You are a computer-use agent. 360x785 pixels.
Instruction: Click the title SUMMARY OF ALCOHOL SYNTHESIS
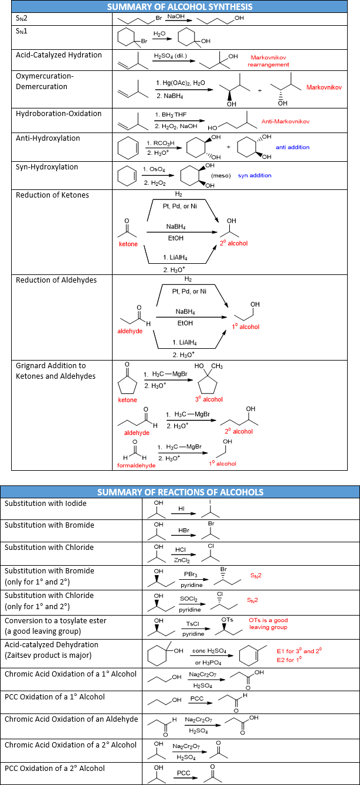tap(179, 7)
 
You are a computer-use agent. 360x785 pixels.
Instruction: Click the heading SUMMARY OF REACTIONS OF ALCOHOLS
tap(180, 492)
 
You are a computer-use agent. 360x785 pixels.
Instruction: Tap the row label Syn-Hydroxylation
tap(47, 167)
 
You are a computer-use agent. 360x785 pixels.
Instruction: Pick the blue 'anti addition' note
tap(293, 147)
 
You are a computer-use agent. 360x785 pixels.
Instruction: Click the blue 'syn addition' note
tap(254, 175)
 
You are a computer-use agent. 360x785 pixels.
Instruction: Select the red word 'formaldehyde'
tap(137, 465)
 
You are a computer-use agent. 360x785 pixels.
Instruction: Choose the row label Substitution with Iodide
tap(45, 504)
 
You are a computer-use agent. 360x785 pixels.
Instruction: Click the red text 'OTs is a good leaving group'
tap(268, 624)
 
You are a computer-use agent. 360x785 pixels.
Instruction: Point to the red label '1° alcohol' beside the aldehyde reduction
tap(246, 327)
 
